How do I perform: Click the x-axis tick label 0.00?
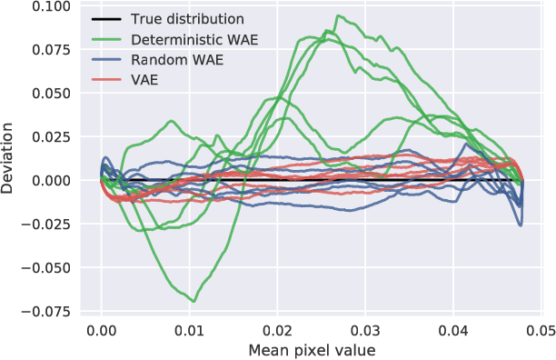pos(102,331)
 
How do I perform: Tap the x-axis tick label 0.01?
pos(190,331)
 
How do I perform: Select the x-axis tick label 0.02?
pos(278,331)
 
